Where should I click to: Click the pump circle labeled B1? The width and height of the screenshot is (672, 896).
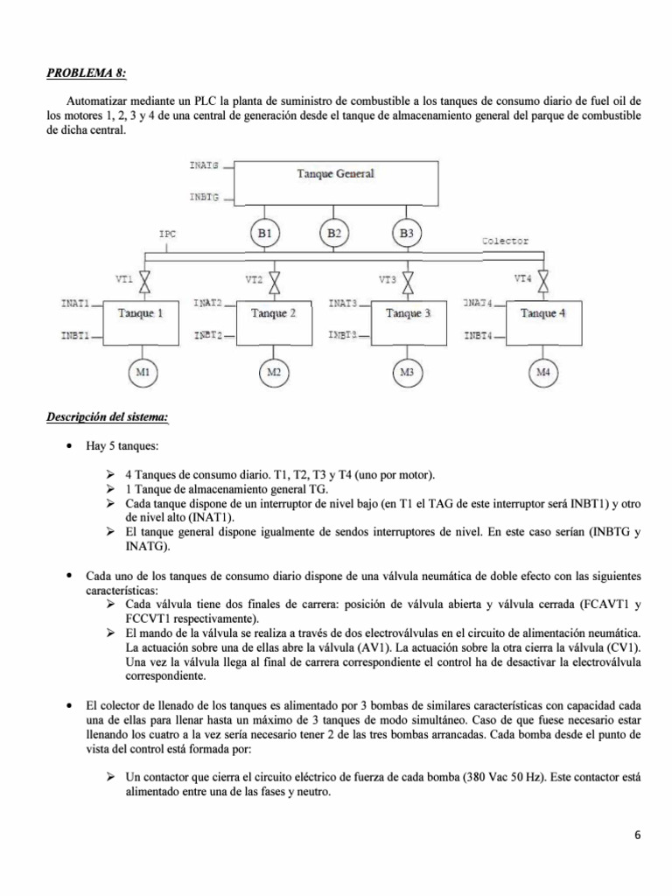264,234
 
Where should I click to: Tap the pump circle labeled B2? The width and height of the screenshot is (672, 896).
334,234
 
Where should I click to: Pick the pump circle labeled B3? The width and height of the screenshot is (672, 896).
406,234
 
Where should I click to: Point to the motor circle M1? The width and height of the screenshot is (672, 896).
142,373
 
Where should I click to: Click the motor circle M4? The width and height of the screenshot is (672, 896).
543,373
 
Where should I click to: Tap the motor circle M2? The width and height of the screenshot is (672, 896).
274,373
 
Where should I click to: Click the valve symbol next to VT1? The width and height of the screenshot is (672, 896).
146,282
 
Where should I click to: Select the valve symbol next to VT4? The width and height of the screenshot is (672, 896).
544,279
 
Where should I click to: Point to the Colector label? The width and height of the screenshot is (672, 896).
506,240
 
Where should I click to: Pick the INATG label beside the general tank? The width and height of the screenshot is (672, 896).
204,164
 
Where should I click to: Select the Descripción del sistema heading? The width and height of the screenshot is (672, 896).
107,416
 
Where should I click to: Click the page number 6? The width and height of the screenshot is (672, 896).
639,834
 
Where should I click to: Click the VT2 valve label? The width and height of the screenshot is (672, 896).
254,280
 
